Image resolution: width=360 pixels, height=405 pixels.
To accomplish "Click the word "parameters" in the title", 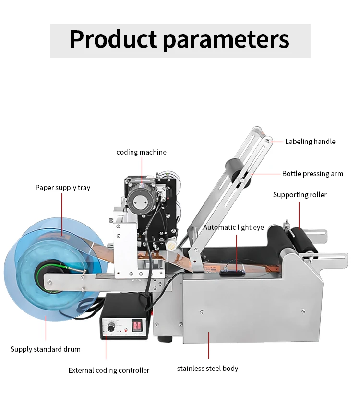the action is click(226, 40).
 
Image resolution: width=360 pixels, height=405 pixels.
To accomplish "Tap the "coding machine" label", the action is click(141, 152).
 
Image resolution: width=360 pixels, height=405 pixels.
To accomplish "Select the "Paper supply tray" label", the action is click(62, 188).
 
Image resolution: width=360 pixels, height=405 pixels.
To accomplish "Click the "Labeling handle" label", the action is click(310, 142).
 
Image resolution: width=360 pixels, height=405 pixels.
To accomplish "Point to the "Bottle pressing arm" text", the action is click(312, 174).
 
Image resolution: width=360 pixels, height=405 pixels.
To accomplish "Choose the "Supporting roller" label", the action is click(300, 195).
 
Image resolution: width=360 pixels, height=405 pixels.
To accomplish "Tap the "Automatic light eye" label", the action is click(233, 227).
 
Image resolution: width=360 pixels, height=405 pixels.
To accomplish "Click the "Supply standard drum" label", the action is click(46, 349).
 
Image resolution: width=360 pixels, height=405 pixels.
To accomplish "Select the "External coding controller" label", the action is click(108, 370).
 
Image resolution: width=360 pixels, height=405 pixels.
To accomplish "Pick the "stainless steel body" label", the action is click(207, 369).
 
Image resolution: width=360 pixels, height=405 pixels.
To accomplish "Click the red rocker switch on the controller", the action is click(137, 325).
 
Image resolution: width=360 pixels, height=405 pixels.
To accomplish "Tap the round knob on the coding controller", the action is click(111, 327).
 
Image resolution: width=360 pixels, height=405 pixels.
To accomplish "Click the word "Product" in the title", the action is click(113, 40).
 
